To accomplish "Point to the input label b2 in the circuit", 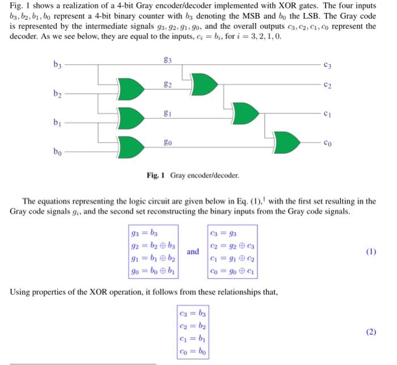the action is click(x=58, y=93).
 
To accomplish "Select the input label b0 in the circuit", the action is click(x=58, y=152).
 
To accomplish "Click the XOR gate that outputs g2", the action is click(x=130, y=89).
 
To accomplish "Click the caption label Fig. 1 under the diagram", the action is click(x=155, y=176).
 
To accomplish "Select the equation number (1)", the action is click(x=371, y=251).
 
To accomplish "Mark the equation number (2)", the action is click(x=371, y=332).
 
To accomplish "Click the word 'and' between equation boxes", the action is click(x=193, y=251).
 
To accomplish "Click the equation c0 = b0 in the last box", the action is click(x=193, y=351).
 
